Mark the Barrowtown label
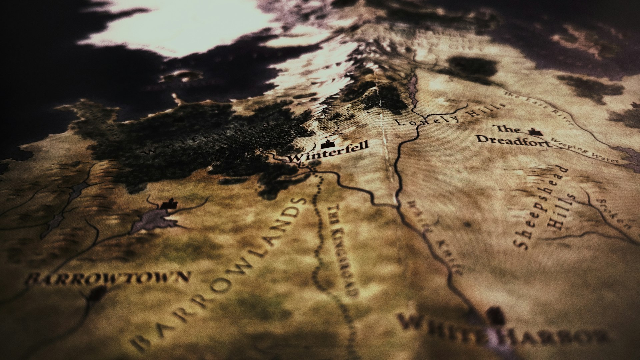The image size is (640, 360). [x=108, y=278]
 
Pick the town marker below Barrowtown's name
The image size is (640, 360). [x=97, y=293]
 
